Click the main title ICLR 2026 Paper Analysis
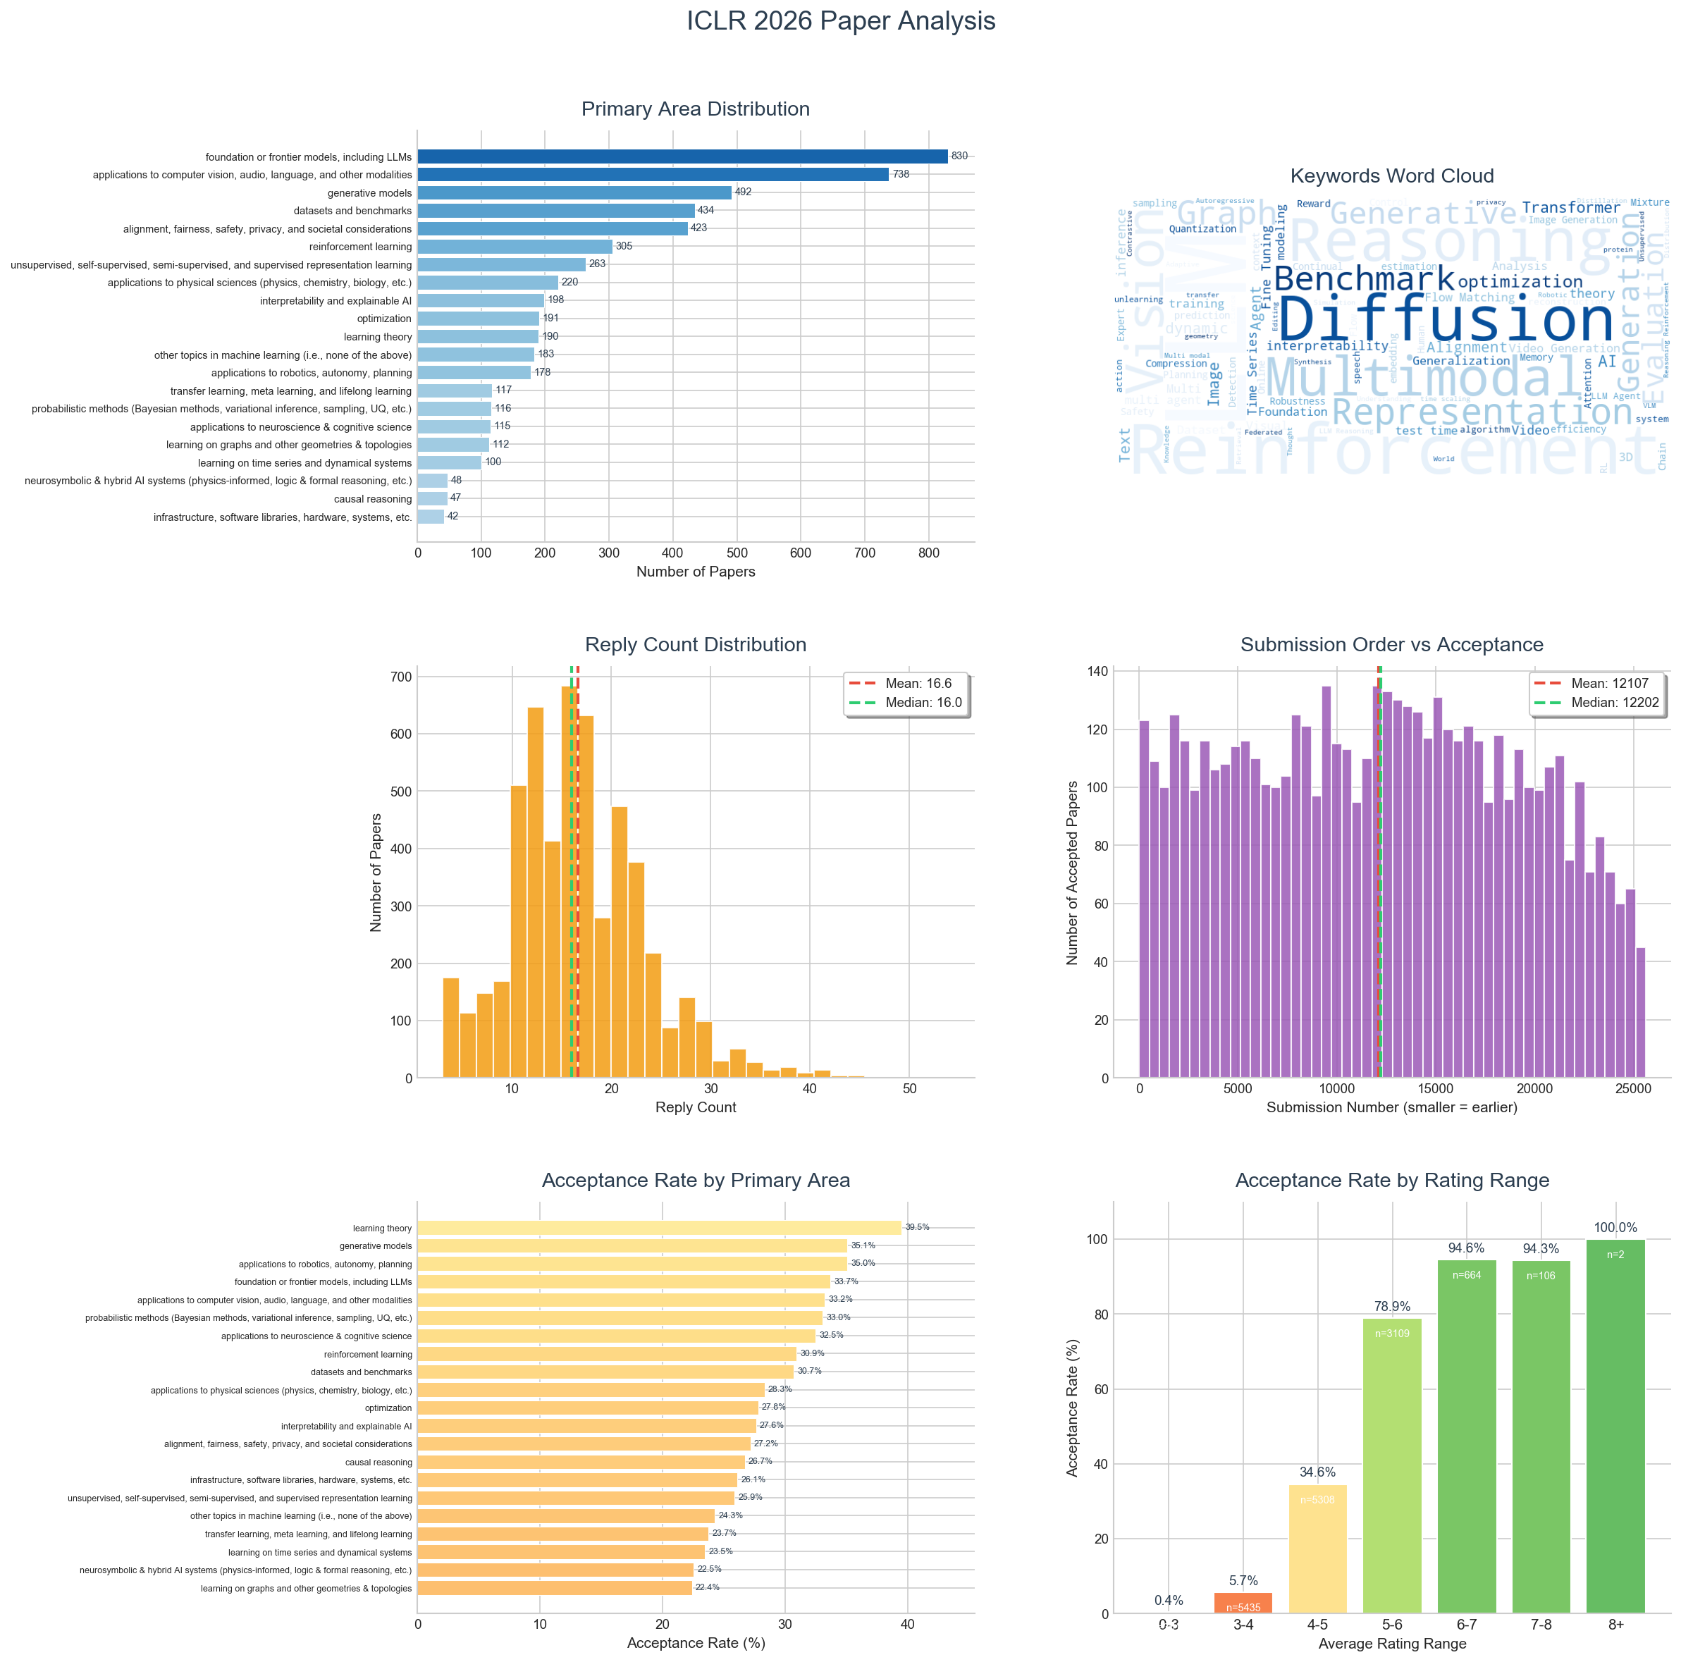(x=840, y=21)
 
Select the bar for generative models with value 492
(x=574, y=192)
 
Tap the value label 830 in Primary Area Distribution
(x=959, y=156)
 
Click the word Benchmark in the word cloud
(x=1363, y=279)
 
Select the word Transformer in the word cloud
(x=1570, y=207)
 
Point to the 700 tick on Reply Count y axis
(x=401, y=677)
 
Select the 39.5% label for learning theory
(x=917, y=1228)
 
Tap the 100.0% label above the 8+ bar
(x=1615, y=1228)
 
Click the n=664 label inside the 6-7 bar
(x=1466, y=1276)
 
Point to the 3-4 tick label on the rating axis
(x=1243, y=1625)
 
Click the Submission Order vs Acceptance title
(x=1391, y=645)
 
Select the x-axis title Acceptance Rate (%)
(x=695, y=1643)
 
